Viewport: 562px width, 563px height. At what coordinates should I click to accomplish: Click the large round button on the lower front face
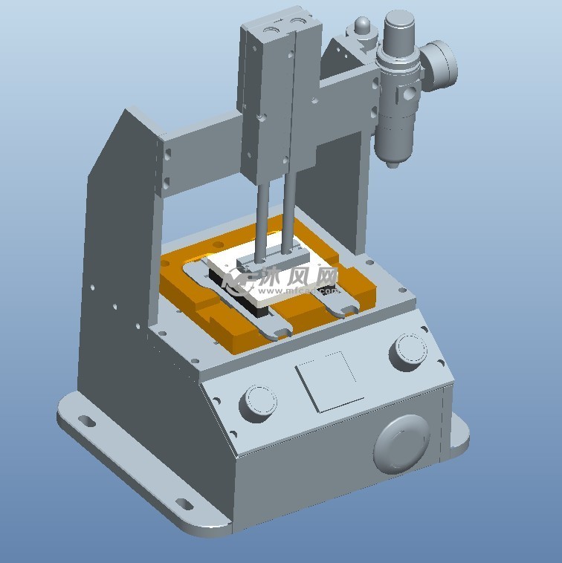(x=402, y=443)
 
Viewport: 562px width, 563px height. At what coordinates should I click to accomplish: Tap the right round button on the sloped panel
(x=408, y=351)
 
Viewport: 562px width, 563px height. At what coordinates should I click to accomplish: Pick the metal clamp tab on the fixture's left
(x=196, y=274)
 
